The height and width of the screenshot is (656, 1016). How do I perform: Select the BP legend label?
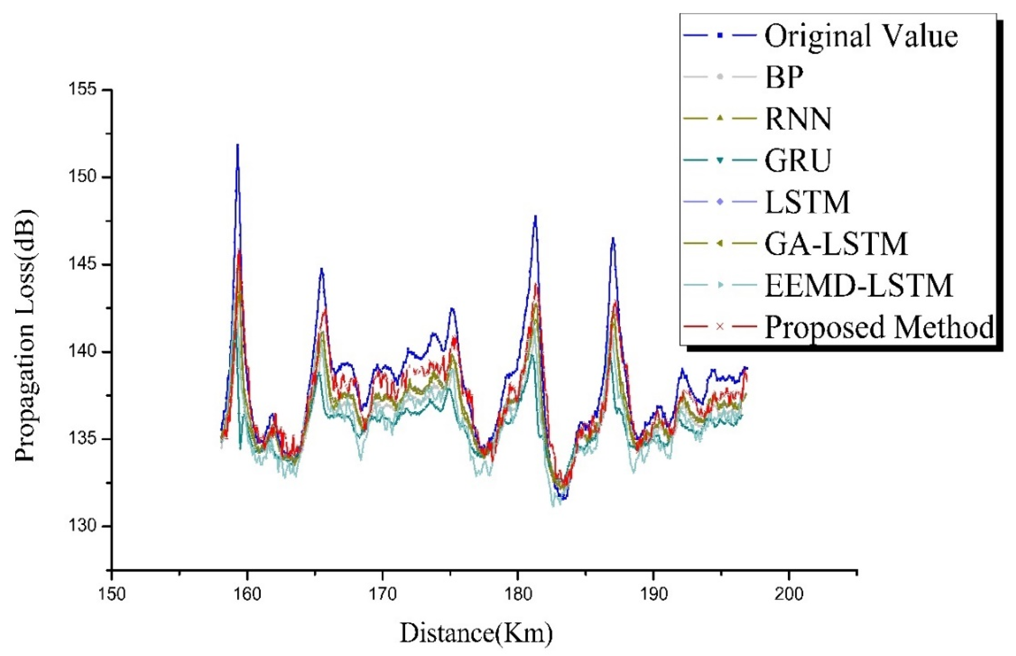click(784, 77)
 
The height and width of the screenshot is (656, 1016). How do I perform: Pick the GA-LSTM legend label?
click(836, 244)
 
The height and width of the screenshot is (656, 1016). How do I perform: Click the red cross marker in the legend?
click(720, 327)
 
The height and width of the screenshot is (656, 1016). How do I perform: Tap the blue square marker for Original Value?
click(720, 36)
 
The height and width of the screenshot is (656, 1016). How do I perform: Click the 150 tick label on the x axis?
click(112, 594)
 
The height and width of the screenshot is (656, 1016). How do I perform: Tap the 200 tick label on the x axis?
click(788, 594)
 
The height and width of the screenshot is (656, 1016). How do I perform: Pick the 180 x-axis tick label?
click(518, 594)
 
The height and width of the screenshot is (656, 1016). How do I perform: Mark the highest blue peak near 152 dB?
click(238, 146)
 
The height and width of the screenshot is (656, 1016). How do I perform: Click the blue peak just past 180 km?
click(535, 216)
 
